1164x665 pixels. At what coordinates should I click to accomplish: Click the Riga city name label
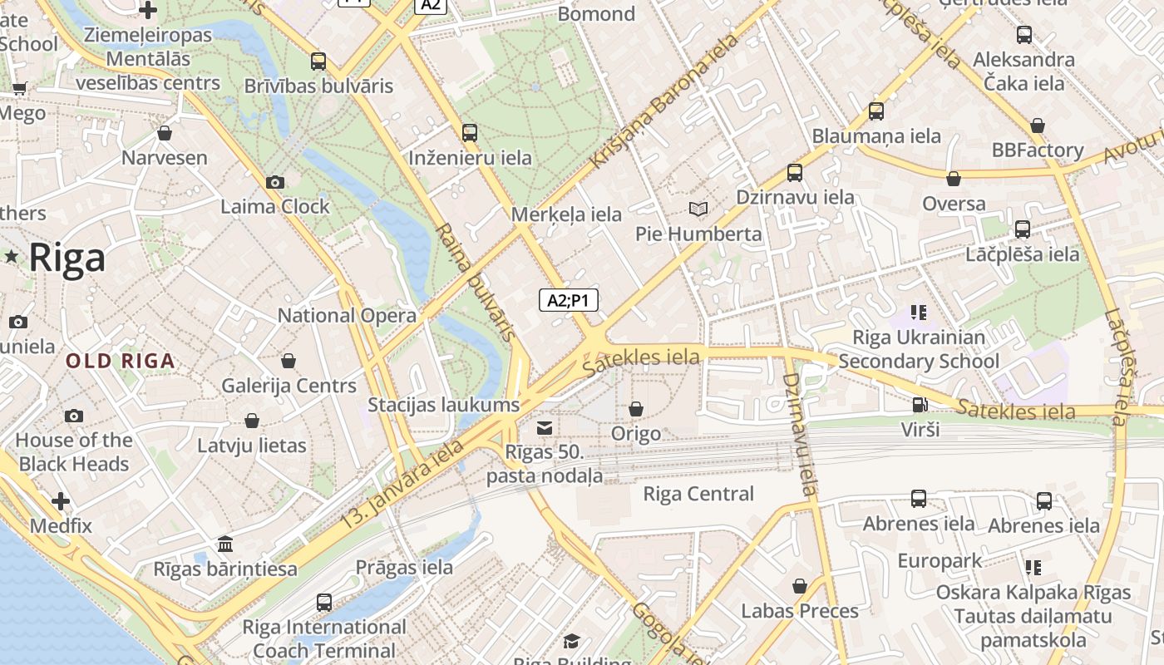[67, 258]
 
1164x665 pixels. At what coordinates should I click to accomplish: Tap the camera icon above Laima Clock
[275, 182]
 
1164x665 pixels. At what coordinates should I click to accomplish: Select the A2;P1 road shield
[569, 300]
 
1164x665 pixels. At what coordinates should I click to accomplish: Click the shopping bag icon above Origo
[636, 409]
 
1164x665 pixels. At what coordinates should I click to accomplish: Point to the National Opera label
[347, 316]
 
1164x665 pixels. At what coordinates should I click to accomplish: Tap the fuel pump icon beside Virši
[920, 405]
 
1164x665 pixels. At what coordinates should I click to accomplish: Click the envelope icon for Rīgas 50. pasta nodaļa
[545, 428]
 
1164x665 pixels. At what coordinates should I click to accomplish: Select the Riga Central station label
[698, 494]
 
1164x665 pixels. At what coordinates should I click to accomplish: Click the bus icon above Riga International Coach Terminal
[324, 602]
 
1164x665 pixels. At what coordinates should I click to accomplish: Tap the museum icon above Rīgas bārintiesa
[224, 544]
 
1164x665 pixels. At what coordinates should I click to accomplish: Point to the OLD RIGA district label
[121, 361]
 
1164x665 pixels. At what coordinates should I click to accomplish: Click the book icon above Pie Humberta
[698, 209]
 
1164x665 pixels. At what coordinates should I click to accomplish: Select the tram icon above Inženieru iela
[470, 133]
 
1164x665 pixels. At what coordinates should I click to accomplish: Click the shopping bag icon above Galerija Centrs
[289, 361]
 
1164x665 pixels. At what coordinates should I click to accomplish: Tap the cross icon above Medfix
[61, 501]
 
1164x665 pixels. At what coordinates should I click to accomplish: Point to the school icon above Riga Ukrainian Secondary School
[918, 313]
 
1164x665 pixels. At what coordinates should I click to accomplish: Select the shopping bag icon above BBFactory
[1037, 126]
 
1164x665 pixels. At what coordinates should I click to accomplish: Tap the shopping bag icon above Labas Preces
[800, 586]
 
